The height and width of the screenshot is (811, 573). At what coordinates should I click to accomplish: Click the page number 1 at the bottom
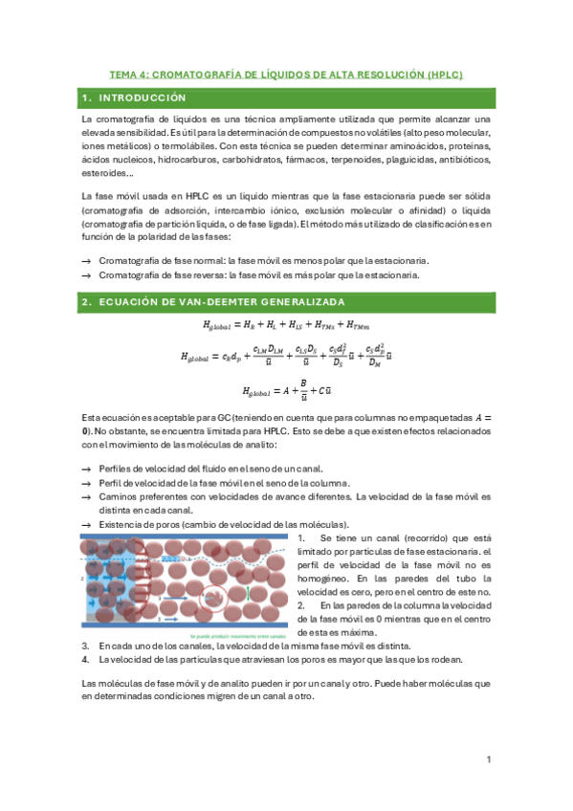pyautogui.click(x=488, y=759)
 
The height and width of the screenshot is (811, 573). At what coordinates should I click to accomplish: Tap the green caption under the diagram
pyautogui.click(x=231, y=635)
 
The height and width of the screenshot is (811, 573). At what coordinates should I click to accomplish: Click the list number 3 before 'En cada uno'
pyautogui.click(x=85, y=646)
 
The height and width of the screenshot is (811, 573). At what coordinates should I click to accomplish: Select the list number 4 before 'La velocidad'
pyautogui.click(x=85, y=660)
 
